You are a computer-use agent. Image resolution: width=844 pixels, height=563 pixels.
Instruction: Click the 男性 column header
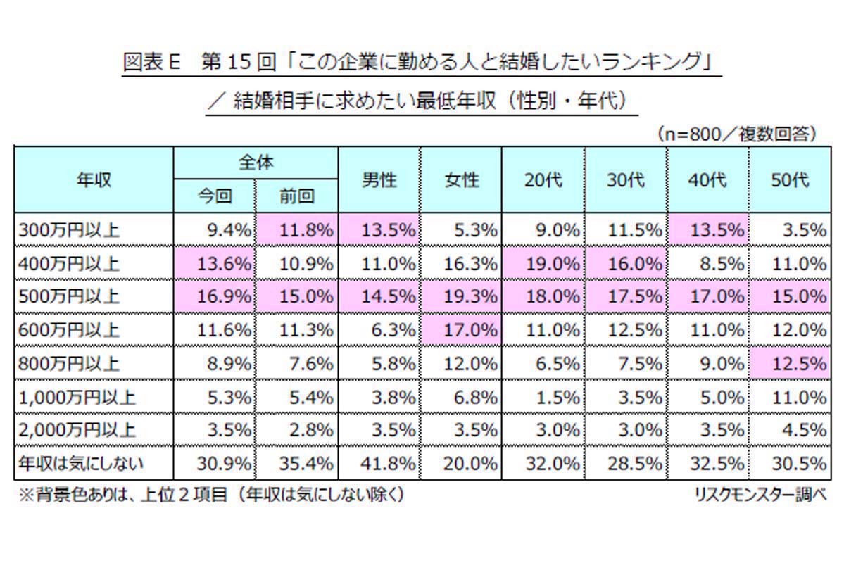[379, 180]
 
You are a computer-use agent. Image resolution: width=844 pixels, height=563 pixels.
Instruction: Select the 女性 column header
[461, 180]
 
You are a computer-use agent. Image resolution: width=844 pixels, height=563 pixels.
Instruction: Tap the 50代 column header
[789, 180]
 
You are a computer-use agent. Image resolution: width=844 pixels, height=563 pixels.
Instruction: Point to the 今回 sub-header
[214, 196]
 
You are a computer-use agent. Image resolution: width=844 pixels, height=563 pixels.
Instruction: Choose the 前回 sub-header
[296, 196]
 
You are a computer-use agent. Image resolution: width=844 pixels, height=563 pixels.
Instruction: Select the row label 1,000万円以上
[76, 397]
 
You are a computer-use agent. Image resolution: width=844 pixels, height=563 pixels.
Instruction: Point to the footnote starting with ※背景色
[211, 495]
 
